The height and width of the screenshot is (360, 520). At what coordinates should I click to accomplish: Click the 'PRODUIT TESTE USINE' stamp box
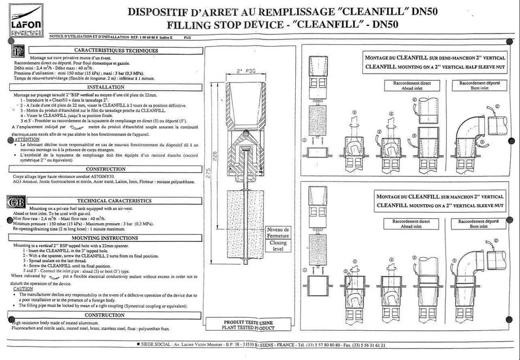249,325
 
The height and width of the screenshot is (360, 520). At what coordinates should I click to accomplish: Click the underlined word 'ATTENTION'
27,139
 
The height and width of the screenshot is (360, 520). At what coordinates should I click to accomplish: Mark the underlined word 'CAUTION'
23,289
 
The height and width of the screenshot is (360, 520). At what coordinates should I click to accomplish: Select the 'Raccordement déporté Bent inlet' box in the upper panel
478,85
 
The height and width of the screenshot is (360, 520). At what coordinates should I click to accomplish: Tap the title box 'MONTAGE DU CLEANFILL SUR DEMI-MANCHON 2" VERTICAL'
435,62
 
